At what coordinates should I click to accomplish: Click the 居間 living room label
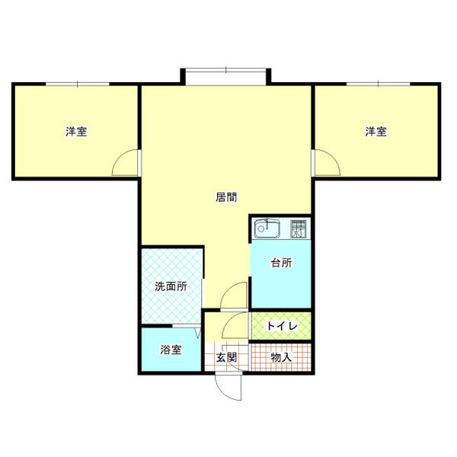(x=226, y=197)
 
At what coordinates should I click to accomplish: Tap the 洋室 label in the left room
(x=75, y=132)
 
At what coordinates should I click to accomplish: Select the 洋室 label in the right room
(x=375, y=132)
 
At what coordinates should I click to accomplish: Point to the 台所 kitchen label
(x=280, y=264)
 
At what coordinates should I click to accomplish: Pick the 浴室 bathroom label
(x=171, y=350)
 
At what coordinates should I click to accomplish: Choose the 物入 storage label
(x=281, y=356)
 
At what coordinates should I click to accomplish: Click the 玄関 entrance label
(x=226, y=356)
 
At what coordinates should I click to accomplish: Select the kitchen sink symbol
(x=269, y=228)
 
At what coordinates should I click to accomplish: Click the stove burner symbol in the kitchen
(x=299, y=227)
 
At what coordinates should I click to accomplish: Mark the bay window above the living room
(x=226, y=73)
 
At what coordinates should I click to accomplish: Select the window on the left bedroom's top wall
(x=75, y=84)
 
